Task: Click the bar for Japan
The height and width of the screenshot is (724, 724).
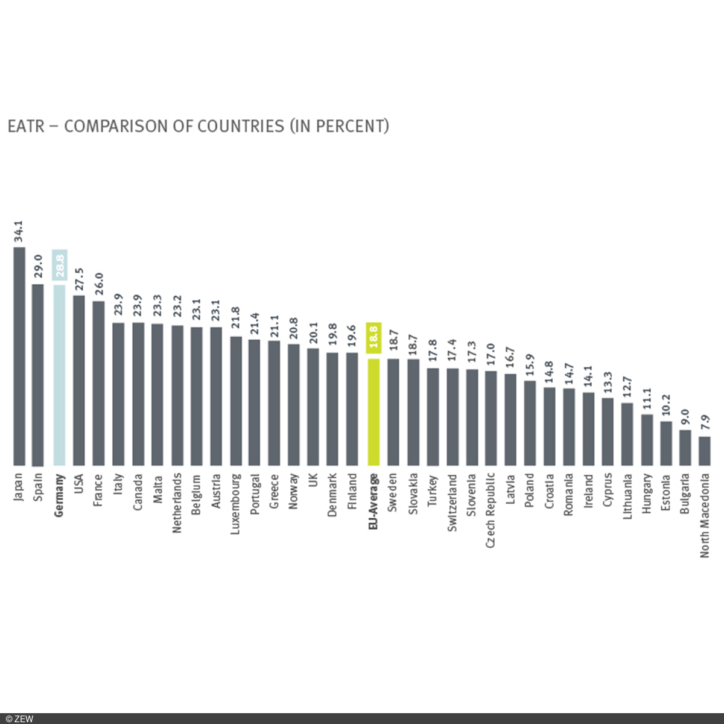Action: tap(19, 356)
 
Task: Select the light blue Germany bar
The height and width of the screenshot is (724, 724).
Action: tap(59, 374)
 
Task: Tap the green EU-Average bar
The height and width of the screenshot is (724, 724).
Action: tap(373, 411)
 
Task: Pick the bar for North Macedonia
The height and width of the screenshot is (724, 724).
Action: tap(704, 451)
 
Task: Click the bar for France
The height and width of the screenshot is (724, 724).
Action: tap(98, 383)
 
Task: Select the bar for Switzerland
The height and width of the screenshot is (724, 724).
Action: tap(453, 416)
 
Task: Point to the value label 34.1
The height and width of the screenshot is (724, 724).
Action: tap(19, 232)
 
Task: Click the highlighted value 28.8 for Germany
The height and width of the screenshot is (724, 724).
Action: tap(59, 265)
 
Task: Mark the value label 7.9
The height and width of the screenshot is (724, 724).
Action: tap(704, 422)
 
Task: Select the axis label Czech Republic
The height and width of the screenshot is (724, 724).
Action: tap(491, 510)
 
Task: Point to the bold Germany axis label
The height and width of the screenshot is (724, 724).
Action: tap(59, 495)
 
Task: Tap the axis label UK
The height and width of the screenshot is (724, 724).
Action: tap(314, 481)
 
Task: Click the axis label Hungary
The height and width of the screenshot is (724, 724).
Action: tap(646, 493)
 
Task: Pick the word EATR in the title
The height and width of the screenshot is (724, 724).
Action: tap(26, 126)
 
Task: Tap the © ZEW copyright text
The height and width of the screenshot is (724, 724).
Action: tap(19, 719)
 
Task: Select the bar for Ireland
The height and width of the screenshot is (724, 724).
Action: tap(588, 429)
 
